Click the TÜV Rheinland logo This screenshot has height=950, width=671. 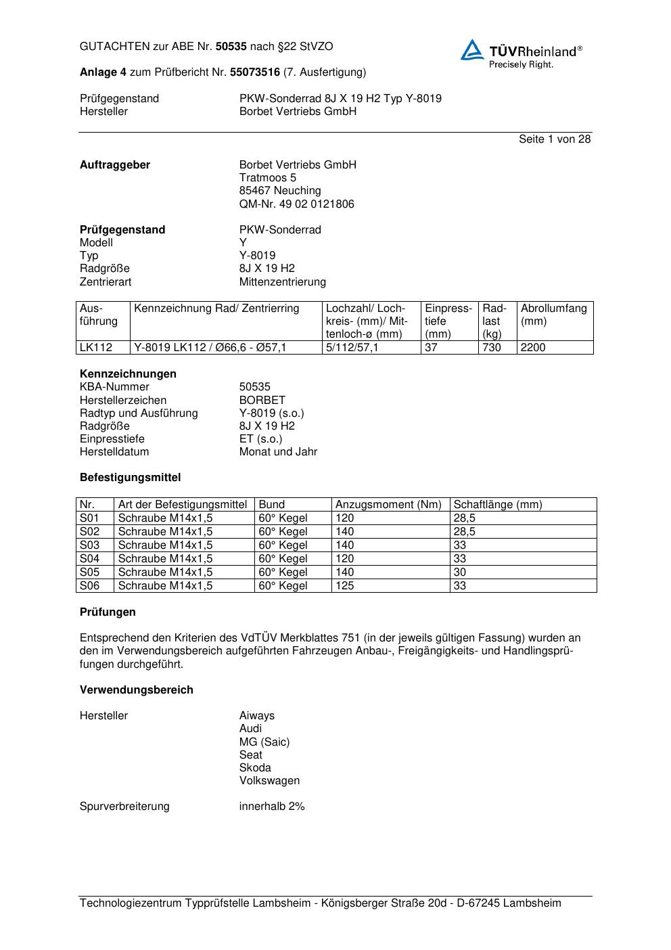[521, 53]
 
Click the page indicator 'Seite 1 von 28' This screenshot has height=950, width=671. [554, 139]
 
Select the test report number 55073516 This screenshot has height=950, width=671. [255, 72]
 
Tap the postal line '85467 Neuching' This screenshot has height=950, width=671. [280, 191]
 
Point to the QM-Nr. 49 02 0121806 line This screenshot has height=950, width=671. [296, 204]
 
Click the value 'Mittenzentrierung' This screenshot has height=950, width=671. [282, 281]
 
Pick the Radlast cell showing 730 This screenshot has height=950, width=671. [492, 348]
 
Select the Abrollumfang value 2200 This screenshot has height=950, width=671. [533, 348]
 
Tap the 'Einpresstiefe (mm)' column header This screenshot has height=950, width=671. [448, 321]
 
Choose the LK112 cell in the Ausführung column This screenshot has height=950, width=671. [95, 348]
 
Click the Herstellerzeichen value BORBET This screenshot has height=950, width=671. [262, 400]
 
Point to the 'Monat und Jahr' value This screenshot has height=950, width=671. [278, 451]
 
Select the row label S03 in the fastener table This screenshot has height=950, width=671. [89, 545]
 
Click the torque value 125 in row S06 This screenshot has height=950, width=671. [345, 585]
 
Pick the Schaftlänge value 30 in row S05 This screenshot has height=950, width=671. [460, 572]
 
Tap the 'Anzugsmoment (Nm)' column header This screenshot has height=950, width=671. [388, 504]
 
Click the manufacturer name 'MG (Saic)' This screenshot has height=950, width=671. [264, 742]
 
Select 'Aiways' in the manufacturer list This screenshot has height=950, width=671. [257, 715]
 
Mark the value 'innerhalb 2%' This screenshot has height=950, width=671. [272, 806]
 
